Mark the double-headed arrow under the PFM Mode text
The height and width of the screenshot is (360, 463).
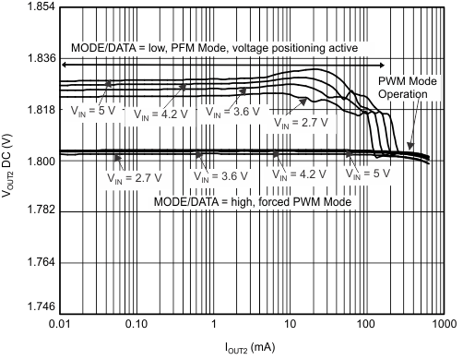pos(222,64)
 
